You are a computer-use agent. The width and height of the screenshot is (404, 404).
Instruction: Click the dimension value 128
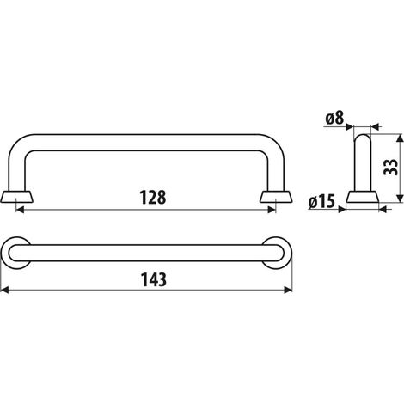(x=153, y=197)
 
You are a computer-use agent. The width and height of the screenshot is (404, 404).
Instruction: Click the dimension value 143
(x=154, y=279)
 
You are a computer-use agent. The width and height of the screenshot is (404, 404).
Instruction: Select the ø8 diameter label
(x=334, y=118)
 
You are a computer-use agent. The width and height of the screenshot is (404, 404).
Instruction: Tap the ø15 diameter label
(x=321, y=201)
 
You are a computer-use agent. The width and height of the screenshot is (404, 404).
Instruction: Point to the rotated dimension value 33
(x=390, y=167)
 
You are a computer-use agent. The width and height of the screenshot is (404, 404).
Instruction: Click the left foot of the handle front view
(x=16, y=197)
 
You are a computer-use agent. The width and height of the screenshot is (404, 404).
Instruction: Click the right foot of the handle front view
(x=276, y=197)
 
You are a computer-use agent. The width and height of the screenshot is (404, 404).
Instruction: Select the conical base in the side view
(x=363, y=197)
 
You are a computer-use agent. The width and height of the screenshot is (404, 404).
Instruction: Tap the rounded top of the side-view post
(x=363, y=138)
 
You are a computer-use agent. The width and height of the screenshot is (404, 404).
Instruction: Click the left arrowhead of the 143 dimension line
(x=4, y=290)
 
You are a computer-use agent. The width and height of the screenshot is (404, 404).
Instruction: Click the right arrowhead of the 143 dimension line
(x=288, y=290)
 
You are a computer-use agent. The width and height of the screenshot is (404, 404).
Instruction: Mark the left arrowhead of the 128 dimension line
(x=20, y=210)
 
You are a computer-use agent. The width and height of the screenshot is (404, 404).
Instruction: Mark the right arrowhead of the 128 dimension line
(x=272, y=210)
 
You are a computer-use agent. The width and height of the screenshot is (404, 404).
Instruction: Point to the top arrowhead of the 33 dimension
(x=400, y=138)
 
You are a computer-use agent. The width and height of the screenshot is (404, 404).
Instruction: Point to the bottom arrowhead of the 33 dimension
(x=400, y=199)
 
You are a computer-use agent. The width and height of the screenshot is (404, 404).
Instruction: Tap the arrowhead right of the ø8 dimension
(x=375, y=126)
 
